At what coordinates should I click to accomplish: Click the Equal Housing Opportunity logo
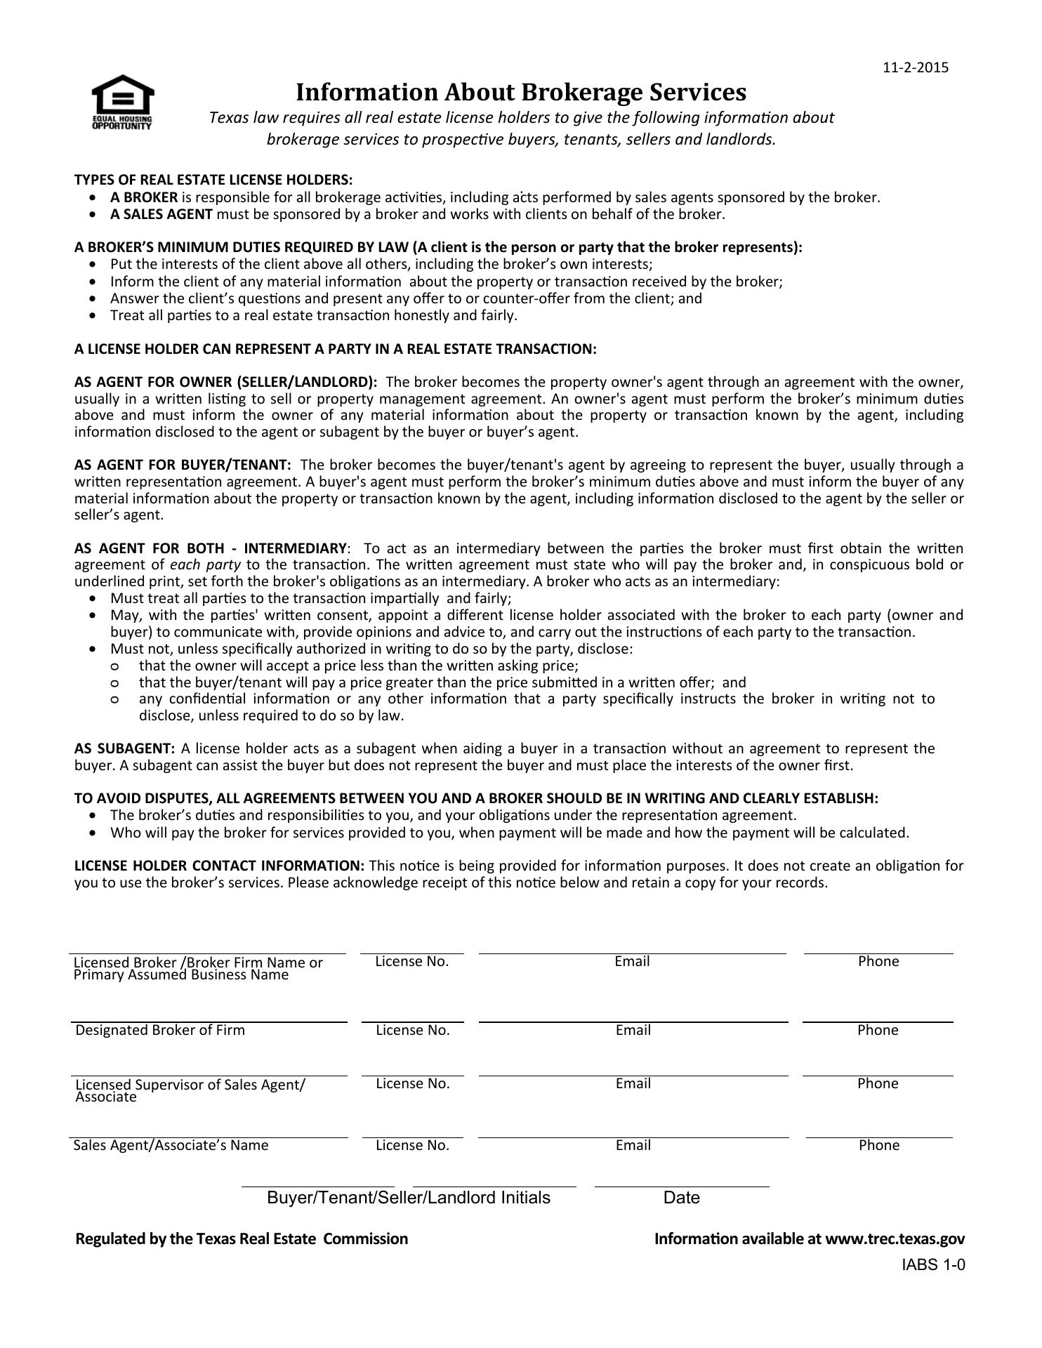click(122, 102)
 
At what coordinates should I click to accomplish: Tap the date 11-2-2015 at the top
click(915, 67)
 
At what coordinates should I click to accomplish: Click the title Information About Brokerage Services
click(520, 92)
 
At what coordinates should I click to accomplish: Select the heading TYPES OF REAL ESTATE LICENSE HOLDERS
click(213, 180)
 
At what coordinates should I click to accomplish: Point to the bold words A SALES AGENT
click(161, 214)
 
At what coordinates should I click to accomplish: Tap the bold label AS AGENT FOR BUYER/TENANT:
click(183, 465)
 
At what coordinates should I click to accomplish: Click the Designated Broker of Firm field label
click(160, 1030)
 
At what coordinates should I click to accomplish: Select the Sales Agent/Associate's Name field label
click(171, 1145)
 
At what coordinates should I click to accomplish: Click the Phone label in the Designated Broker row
click(878, 1030)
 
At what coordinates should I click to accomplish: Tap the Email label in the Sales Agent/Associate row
click(633, 1145)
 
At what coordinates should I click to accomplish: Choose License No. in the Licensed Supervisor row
click(412, 1083)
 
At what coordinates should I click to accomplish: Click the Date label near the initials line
click(681, 1197)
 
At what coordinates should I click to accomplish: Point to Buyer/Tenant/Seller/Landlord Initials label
click(409, 1197)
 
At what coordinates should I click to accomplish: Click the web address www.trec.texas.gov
click(895, 1238)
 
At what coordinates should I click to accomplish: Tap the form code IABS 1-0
click(934, 1265)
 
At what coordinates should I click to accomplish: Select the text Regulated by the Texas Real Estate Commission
click(242, 1238)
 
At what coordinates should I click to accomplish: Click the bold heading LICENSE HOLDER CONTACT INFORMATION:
click(219, 866)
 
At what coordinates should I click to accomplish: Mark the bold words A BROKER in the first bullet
click(144, 197)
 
